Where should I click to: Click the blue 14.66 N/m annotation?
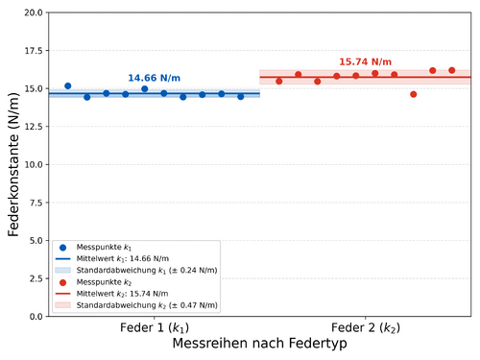(x=154, y=78)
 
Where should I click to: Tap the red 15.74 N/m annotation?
(x=365, y=61)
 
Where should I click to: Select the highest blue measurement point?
(x=68, y=85)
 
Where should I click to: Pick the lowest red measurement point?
(x=414, y=94)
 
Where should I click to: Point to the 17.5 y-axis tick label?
(x=34, y=51)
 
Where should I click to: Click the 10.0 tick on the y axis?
(x=34, y=164)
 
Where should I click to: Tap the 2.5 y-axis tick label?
(x=36, y=278)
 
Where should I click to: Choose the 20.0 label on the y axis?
(x=34, y=12)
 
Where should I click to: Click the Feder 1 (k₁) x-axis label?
(x=155, y=327)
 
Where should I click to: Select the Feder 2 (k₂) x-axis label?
(x=366, y=327)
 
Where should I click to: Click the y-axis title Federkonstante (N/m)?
(x=13, y=164)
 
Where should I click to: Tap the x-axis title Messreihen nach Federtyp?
(x=259, y=344)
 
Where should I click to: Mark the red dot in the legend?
(x=62, y=282)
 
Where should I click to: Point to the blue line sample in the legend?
(x=62, y=258)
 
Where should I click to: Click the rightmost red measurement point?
(x=452, y=70)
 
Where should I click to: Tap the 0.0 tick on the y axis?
(x=36, y=317)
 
